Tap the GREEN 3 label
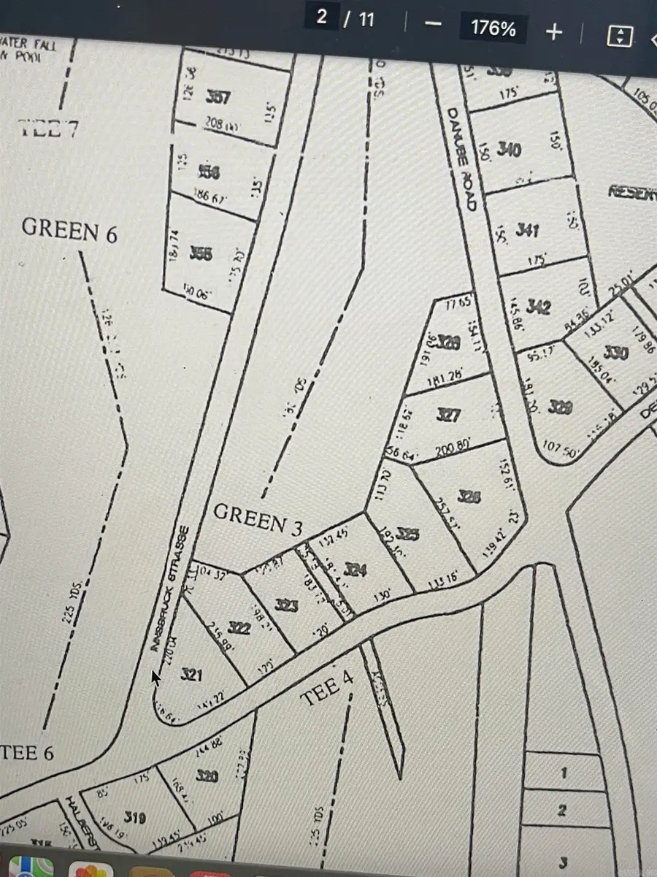pyautogui.click(x=258, y=520)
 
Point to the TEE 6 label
pyautogui.click(x=28, y=752)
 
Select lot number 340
pyautogui.click(x=509, y=150)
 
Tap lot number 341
pyautogui.click(x=527, y=231)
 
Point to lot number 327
pyautogui.click(x=448, y=415)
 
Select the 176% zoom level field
pyautogui.click(x=493, y=29)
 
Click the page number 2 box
pyautogui.click(x=322, y=18)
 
